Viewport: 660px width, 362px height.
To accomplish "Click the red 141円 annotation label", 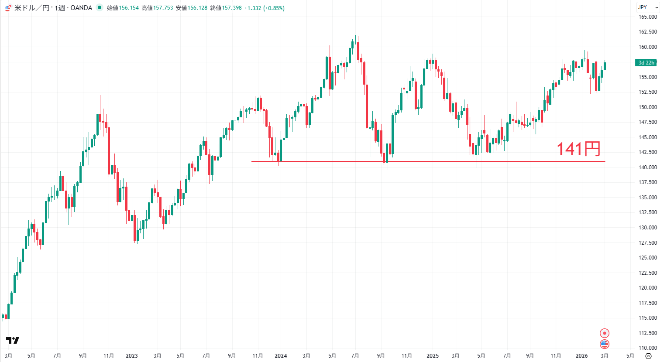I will tap(578, 149).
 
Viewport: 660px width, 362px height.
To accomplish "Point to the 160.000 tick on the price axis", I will tap(648, 47).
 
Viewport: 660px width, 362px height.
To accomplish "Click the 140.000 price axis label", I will tap(648, 167).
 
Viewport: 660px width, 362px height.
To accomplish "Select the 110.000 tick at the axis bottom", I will tap(648, 348).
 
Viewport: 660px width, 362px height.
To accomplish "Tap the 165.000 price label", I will tap(648, 17).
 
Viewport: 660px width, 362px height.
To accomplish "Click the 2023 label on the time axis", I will tap(132, 356).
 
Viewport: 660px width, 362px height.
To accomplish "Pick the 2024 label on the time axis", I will tap(281, 356).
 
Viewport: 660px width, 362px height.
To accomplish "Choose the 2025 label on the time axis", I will tap(433, 356).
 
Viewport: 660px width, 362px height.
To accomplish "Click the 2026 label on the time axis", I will tap(581, 356).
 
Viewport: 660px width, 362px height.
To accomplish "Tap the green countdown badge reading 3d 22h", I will tap(646, 63).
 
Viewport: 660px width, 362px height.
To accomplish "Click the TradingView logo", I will tap(13, 340).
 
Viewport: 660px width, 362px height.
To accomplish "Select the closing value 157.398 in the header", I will tap(232, 8).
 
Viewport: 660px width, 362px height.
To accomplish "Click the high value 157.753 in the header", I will tap(163, 8).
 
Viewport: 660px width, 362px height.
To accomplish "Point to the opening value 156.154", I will tap(129, 8).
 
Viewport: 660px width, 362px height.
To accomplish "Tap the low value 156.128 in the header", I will tap(197, 8).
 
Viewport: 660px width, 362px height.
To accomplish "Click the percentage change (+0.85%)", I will tap(274, 8).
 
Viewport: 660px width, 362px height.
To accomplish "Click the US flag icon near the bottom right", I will tap(605, 344).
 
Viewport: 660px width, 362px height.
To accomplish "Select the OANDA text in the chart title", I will tap(81, 8).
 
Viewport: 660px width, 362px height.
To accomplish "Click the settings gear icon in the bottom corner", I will tap(648, 356).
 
